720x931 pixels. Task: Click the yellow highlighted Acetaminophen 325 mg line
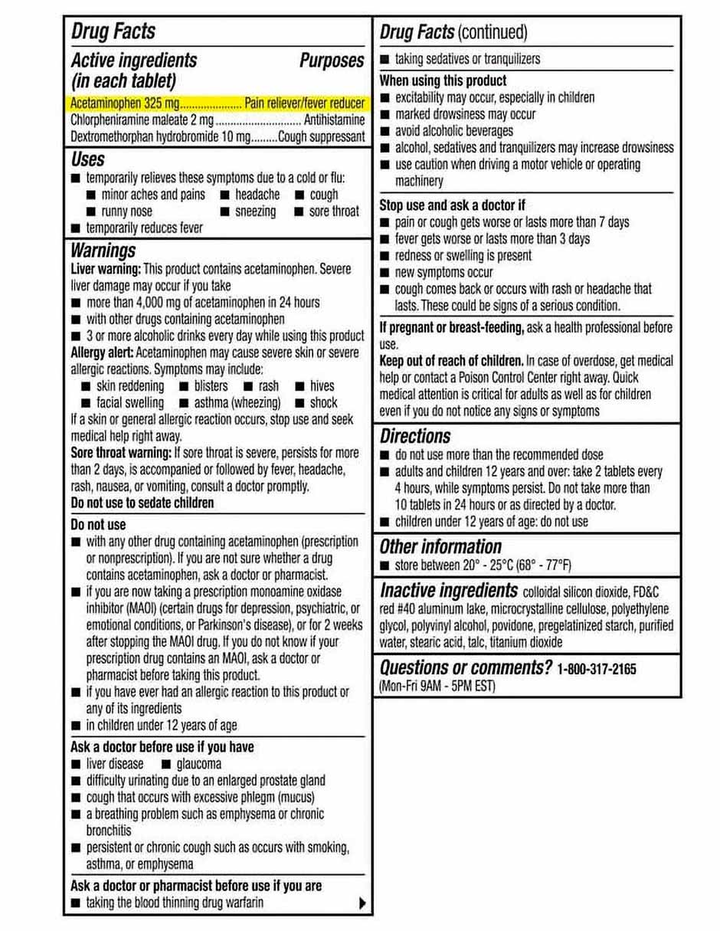coord(218,103)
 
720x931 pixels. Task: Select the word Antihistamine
coord(334,120)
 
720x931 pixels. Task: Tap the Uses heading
coord(88,159)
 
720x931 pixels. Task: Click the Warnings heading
coord(103,251)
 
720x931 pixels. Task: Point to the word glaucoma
coord(198,764)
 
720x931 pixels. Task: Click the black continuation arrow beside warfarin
coord(362,903)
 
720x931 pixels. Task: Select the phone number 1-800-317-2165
coord(597,669)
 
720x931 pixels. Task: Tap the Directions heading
coord(415,436)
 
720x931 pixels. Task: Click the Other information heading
coord(440,546)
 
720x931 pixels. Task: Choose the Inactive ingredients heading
coord(449,591)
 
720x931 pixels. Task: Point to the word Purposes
coord(332,61)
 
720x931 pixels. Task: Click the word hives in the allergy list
coord(322,386)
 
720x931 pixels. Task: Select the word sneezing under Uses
coord(255,211)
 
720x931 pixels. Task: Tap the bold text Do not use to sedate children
coord(142,503)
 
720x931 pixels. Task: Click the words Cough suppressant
coord(322,137)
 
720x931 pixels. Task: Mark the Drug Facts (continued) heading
coord(453,32)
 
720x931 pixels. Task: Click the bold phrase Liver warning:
coord(105,269)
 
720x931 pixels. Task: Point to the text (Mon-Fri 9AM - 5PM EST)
coord(437,686)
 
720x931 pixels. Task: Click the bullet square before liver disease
coord(75,765)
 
